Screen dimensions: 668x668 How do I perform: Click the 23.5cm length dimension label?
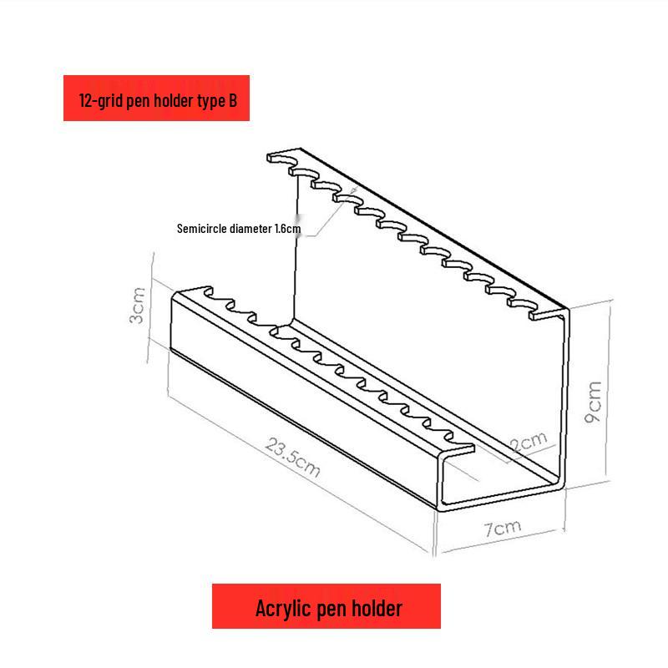coord(293,456)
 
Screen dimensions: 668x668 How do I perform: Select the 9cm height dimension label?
coord(594,402)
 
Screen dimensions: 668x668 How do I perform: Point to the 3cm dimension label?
coord(138,306)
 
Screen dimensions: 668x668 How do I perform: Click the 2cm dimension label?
coord(529,440)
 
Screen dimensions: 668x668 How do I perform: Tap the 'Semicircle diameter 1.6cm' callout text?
coord(239,228)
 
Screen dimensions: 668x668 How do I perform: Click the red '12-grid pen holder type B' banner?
coord(157,99)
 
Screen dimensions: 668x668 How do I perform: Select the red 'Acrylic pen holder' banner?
coord(326,607)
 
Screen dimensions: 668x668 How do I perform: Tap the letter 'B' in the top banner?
coord(233,100)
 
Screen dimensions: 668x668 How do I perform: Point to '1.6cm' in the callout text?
coord(287,228)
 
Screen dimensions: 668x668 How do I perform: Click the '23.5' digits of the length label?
coord(284,452)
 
